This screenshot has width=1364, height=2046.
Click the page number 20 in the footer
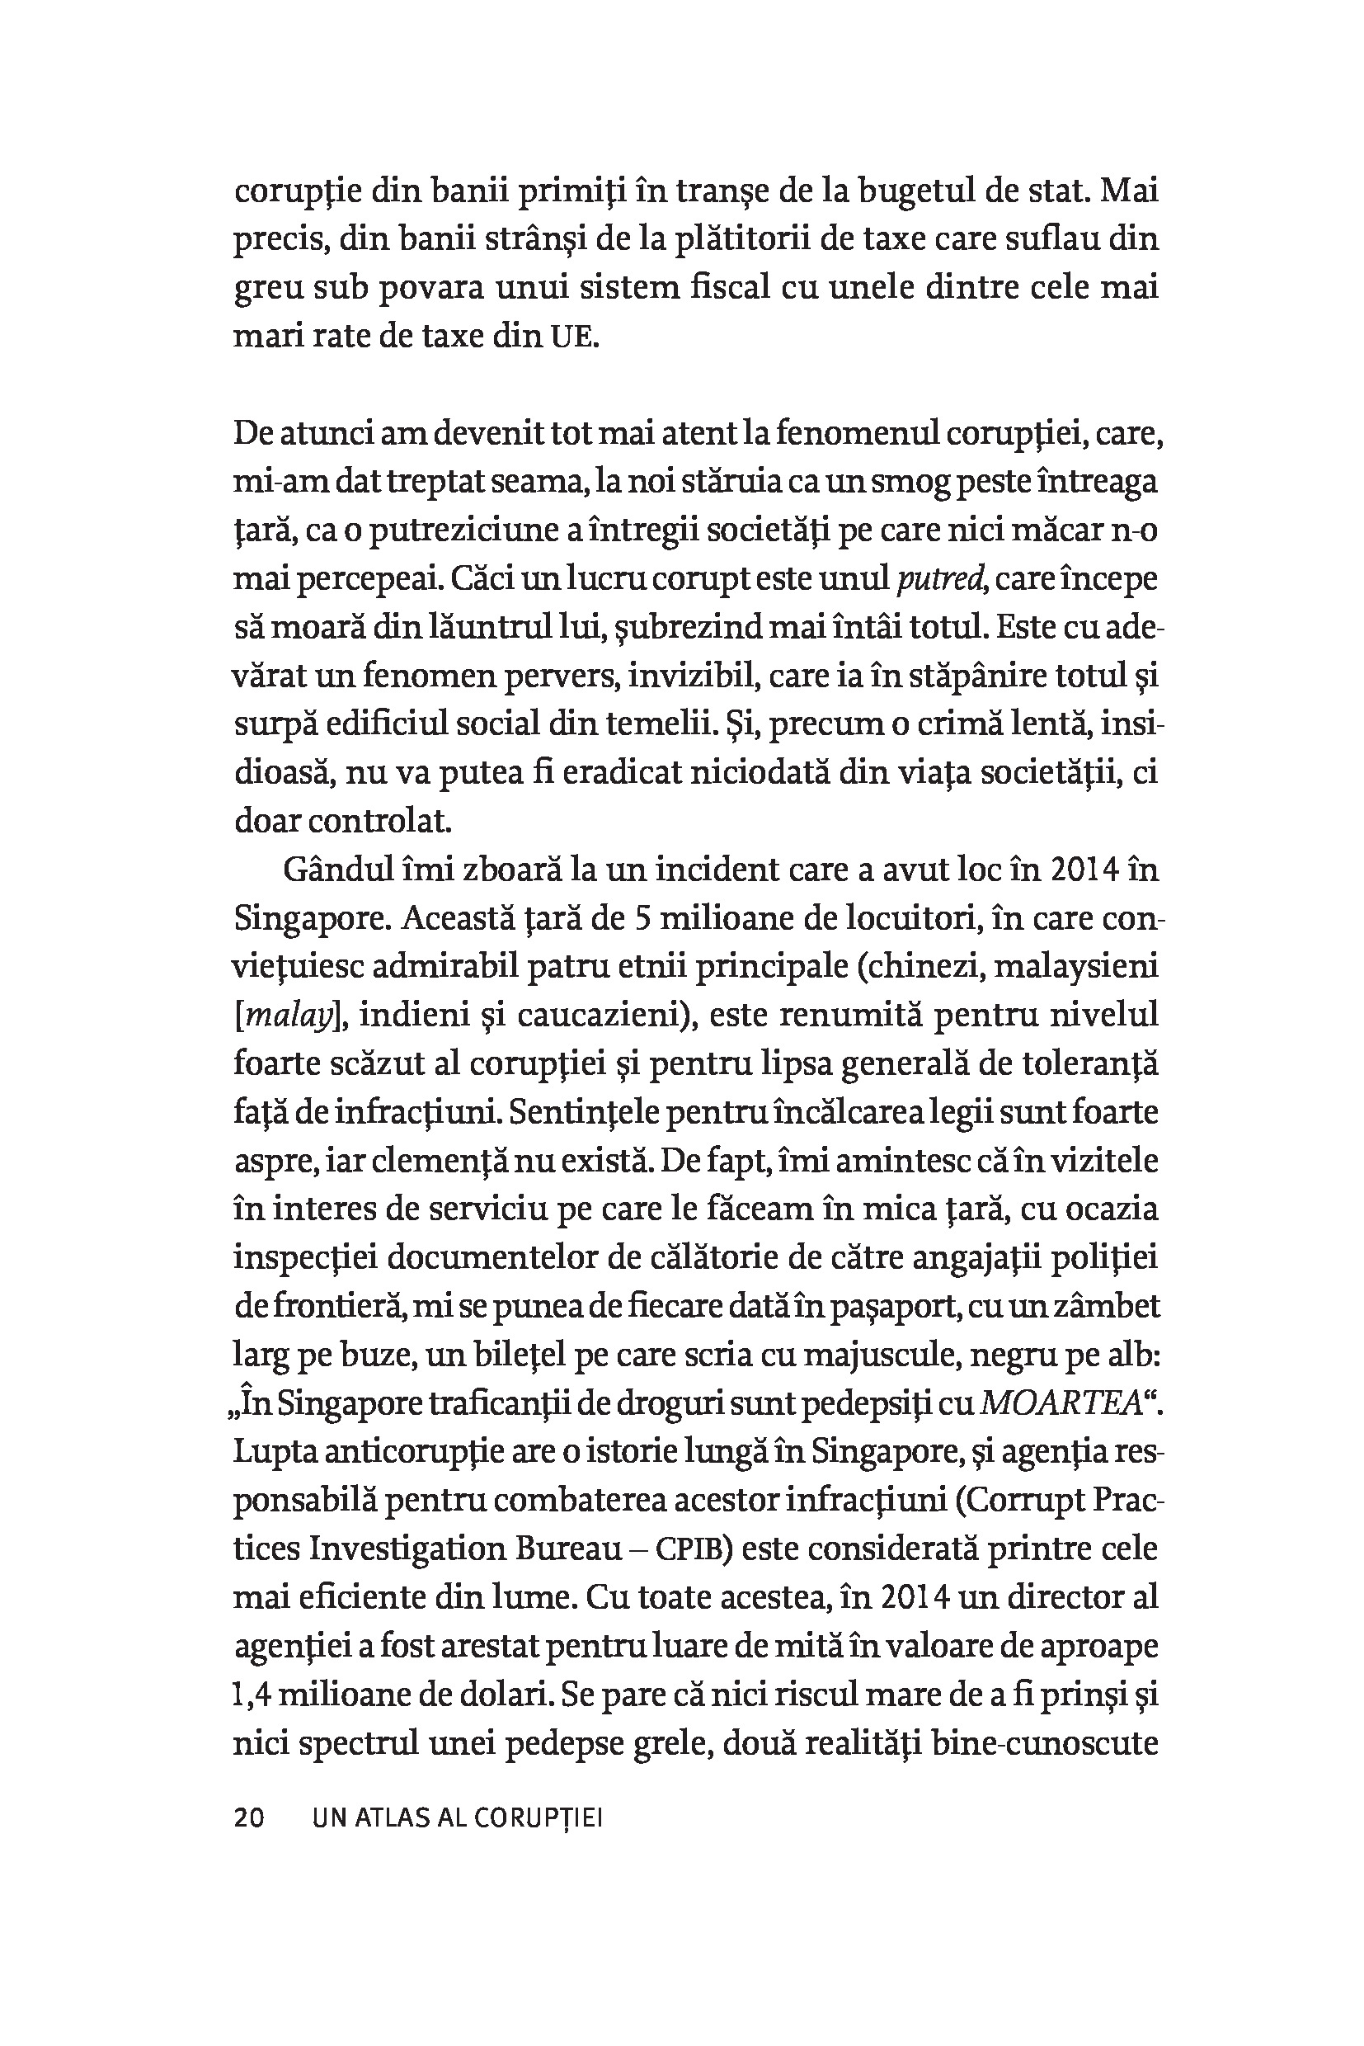point(249,1819)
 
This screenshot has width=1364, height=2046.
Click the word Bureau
point(568,1550)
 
